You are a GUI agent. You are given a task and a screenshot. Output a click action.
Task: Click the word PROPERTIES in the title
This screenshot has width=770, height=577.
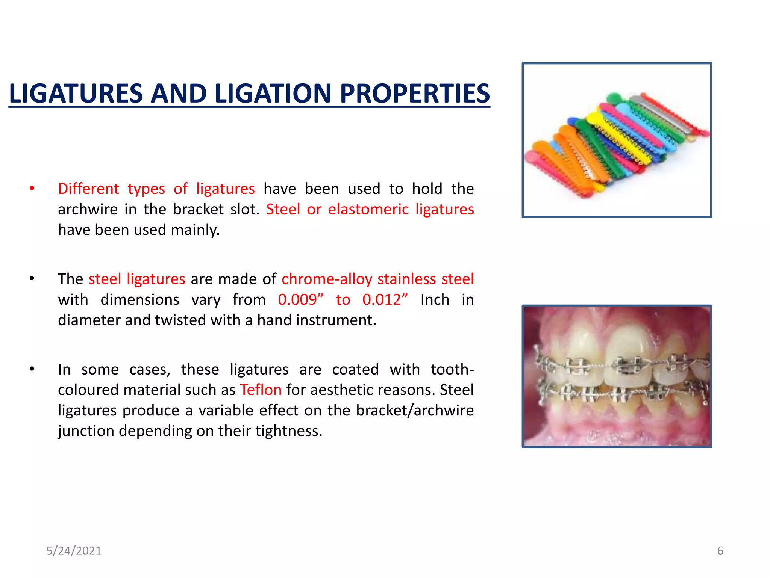tap(415, 93)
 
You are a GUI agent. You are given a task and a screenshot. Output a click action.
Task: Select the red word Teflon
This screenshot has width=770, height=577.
tap(261, 390)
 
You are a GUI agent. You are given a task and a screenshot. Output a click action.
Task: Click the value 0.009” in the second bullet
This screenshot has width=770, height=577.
tap(300, 300)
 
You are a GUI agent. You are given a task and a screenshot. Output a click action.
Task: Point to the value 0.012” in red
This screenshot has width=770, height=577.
tap(385, 300)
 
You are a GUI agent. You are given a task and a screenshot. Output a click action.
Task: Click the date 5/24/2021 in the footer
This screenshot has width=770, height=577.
tap(74, 551)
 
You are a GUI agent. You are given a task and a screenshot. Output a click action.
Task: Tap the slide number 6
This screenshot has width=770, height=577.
tap(720, 551)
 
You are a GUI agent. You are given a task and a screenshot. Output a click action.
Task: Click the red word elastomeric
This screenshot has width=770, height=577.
tap(368, 209)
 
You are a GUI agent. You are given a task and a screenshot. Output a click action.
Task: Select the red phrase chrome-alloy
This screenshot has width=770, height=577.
tap(327, 279)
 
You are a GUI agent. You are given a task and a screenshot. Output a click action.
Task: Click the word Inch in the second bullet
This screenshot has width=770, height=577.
tap(435, 300)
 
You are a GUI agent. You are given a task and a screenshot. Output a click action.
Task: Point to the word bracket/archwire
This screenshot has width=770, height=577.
tap(415, 410)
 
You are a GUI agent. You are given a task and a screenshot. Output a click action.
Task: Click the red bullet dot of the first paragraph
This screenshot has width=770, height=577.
tap(32, 188)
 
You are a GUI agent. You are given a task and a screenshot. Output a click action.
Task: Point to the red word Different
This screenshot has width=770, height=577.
tap(88, 189)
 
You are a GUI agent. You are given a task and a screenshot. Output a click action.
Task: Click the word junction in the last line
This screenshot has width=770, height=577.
tap(86, 431)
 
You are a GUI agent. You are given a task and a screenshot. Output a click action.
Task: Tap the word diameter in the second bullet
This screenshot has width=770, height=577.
tap(89, 320)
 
